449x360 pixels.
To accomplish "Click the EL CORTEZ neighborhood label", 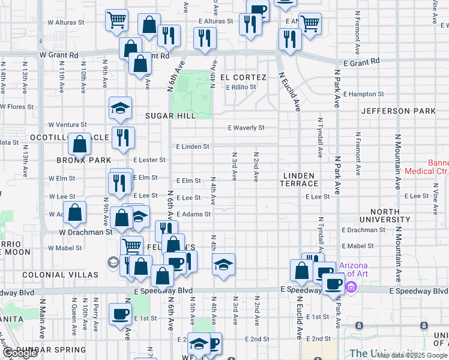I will tap(243, 77).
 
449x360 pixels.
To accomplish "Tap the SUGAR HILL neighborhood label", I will tap(170, 115).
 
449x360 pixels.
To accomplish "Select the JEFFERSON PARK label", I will tap(399, 111).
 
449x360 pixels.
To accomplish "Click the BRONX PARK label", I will tap(84, 160).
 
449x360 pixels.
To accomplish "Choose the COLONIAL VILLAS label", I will tap(60, 274).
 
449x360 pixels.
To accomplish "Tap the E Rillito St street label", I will tap(241, 87).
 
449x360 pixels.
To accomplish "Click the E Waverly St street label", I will tap(246, 128).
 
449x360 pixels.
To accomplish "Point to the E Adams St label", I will tap(193, 214).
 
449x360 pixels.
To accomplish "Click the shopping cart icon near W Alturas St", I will tap(117, 20).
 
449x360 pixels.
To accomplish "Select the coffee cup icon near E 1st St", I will tap(121, 313).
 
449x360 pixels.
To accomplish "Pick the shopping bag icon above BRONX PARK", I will tap(80, 143).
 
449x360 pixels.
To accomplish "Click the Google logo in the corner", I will tap(20, 353).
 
